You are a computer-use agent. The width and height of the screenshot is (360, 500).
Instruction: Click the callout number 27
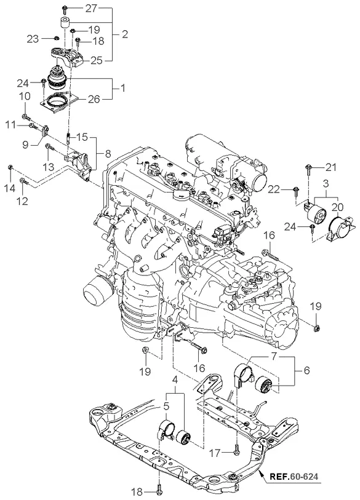[91, 8]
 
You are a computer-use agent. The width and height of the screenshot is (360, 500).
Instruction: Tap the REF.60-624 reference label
[294, 477]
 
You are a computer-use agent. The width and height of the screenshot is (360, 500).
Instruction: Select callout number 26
[94, 99]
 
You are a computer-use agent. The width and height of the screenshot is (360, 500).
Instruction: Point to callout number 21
[330, 167]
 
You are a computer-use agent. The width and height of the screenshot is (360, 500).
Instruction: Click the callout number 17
[215, 453]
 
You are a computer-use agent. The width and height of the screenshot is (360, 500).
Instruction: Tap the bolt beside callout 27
[65, 10]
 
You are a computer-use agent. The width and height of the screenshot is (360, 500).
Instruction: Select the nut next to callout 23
[56, 38]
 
